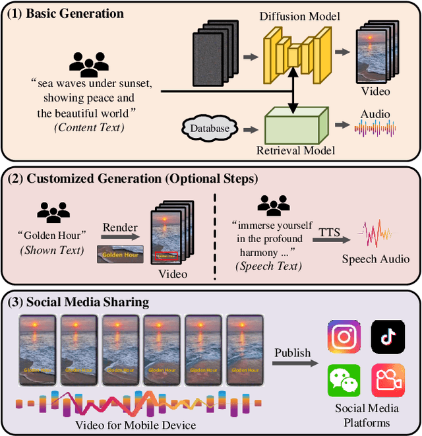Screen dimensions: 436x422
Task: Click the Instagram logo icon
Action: click(344, 336)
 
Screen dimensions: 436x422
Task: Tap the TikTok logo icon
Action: click(388, 336)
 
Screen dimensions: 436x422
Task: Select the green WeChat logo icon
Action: click(344, 381)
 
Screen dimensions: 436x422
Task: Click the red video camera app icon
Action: click(388, 381)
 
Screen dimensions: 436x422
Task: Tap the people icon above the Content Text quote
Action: click(88, 63)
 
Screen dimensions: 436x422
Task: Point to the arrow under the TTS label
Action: click(330, 241)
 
